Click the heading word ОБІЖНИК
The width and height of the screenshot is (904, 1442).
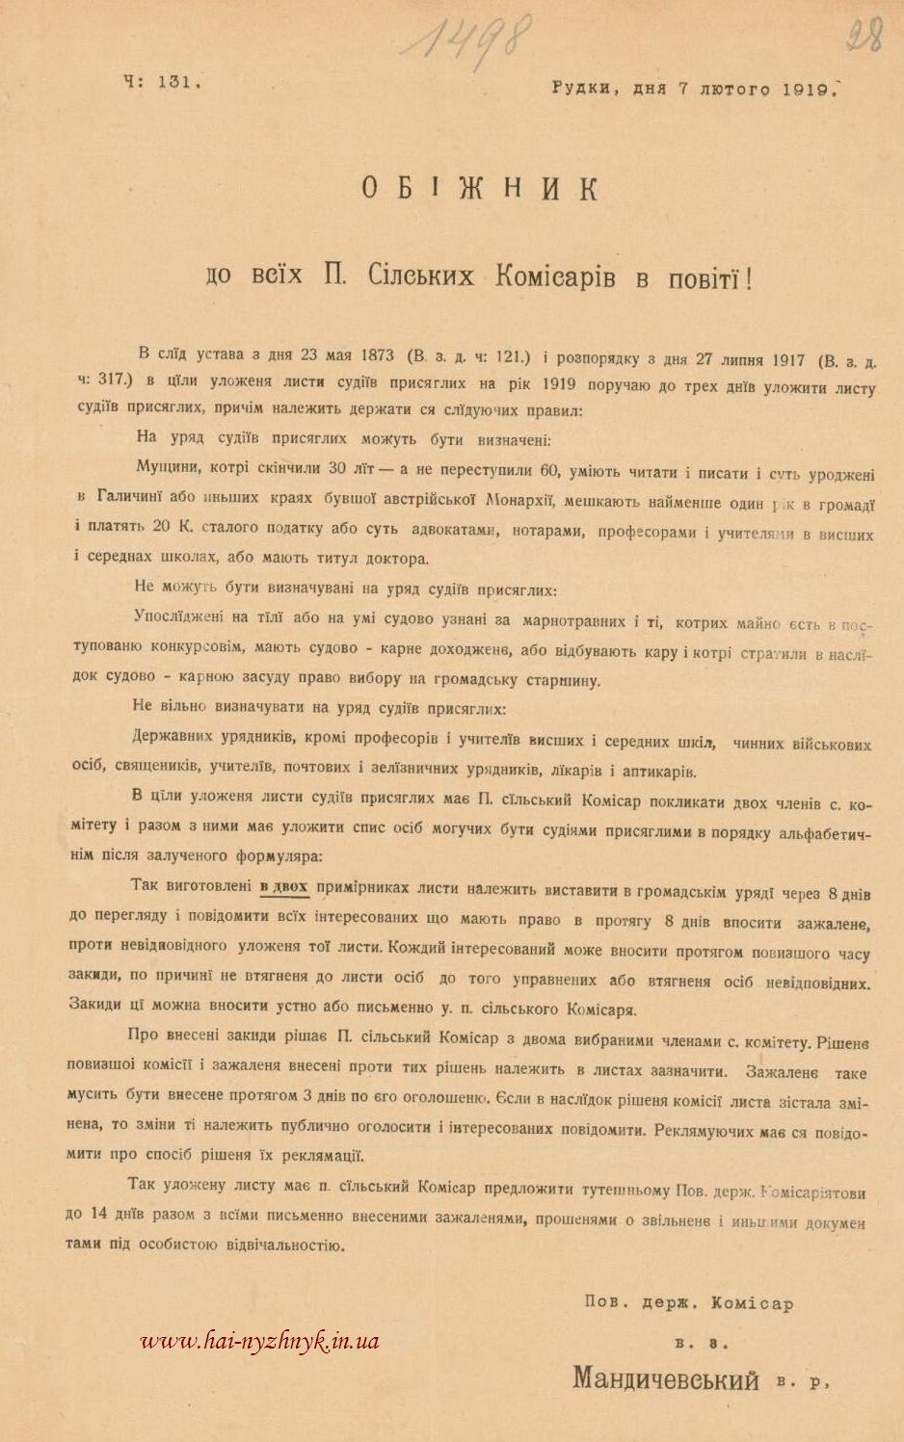point(480,187)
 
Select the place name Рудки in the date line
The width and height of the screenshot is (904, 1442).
point(581,89)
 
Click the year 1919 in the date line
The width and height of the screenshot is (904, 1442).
point(808,89)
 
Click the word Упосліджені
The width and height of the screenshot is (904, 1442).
point(181,617)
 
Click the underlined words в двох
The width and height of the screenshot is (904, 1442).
point(283,886)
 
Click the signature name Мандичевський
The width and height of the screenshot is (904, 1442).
point(666,1378)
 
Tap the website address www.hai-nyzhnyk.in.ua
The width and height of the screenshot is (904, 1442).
point(260,1340)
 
